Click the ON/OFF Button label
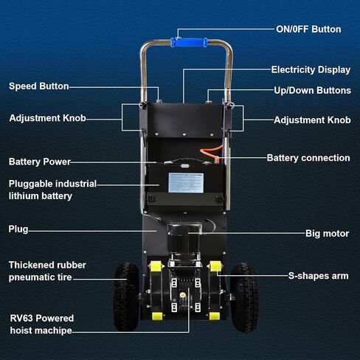click(308, 30)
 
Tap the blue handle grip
click(189, 42)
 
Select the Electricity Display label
click(311, 70)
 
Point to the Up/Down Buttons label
click(312, 91)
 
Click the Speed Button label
click(39, 86)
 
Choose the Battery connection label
click(308, 158)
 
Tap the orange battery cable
click(212, 153)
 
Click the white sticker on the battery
click(186, 183)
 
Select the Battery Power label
click(40, 162)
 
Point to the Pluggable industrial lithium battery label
click(52, 190)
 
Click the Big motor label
click(327, 234)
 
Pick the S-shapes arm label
click(319, 276)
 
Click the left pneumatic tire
click(126, 297)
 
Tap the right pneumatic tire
click(244, 297)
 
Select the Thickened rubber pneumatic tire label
click(47, 271)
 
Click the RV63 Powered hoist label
click(41, 325)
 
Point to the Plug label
click(18, 229)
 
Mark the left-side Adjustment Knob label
click(47, 118)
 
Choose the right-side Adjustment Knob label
click(312, 120)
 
